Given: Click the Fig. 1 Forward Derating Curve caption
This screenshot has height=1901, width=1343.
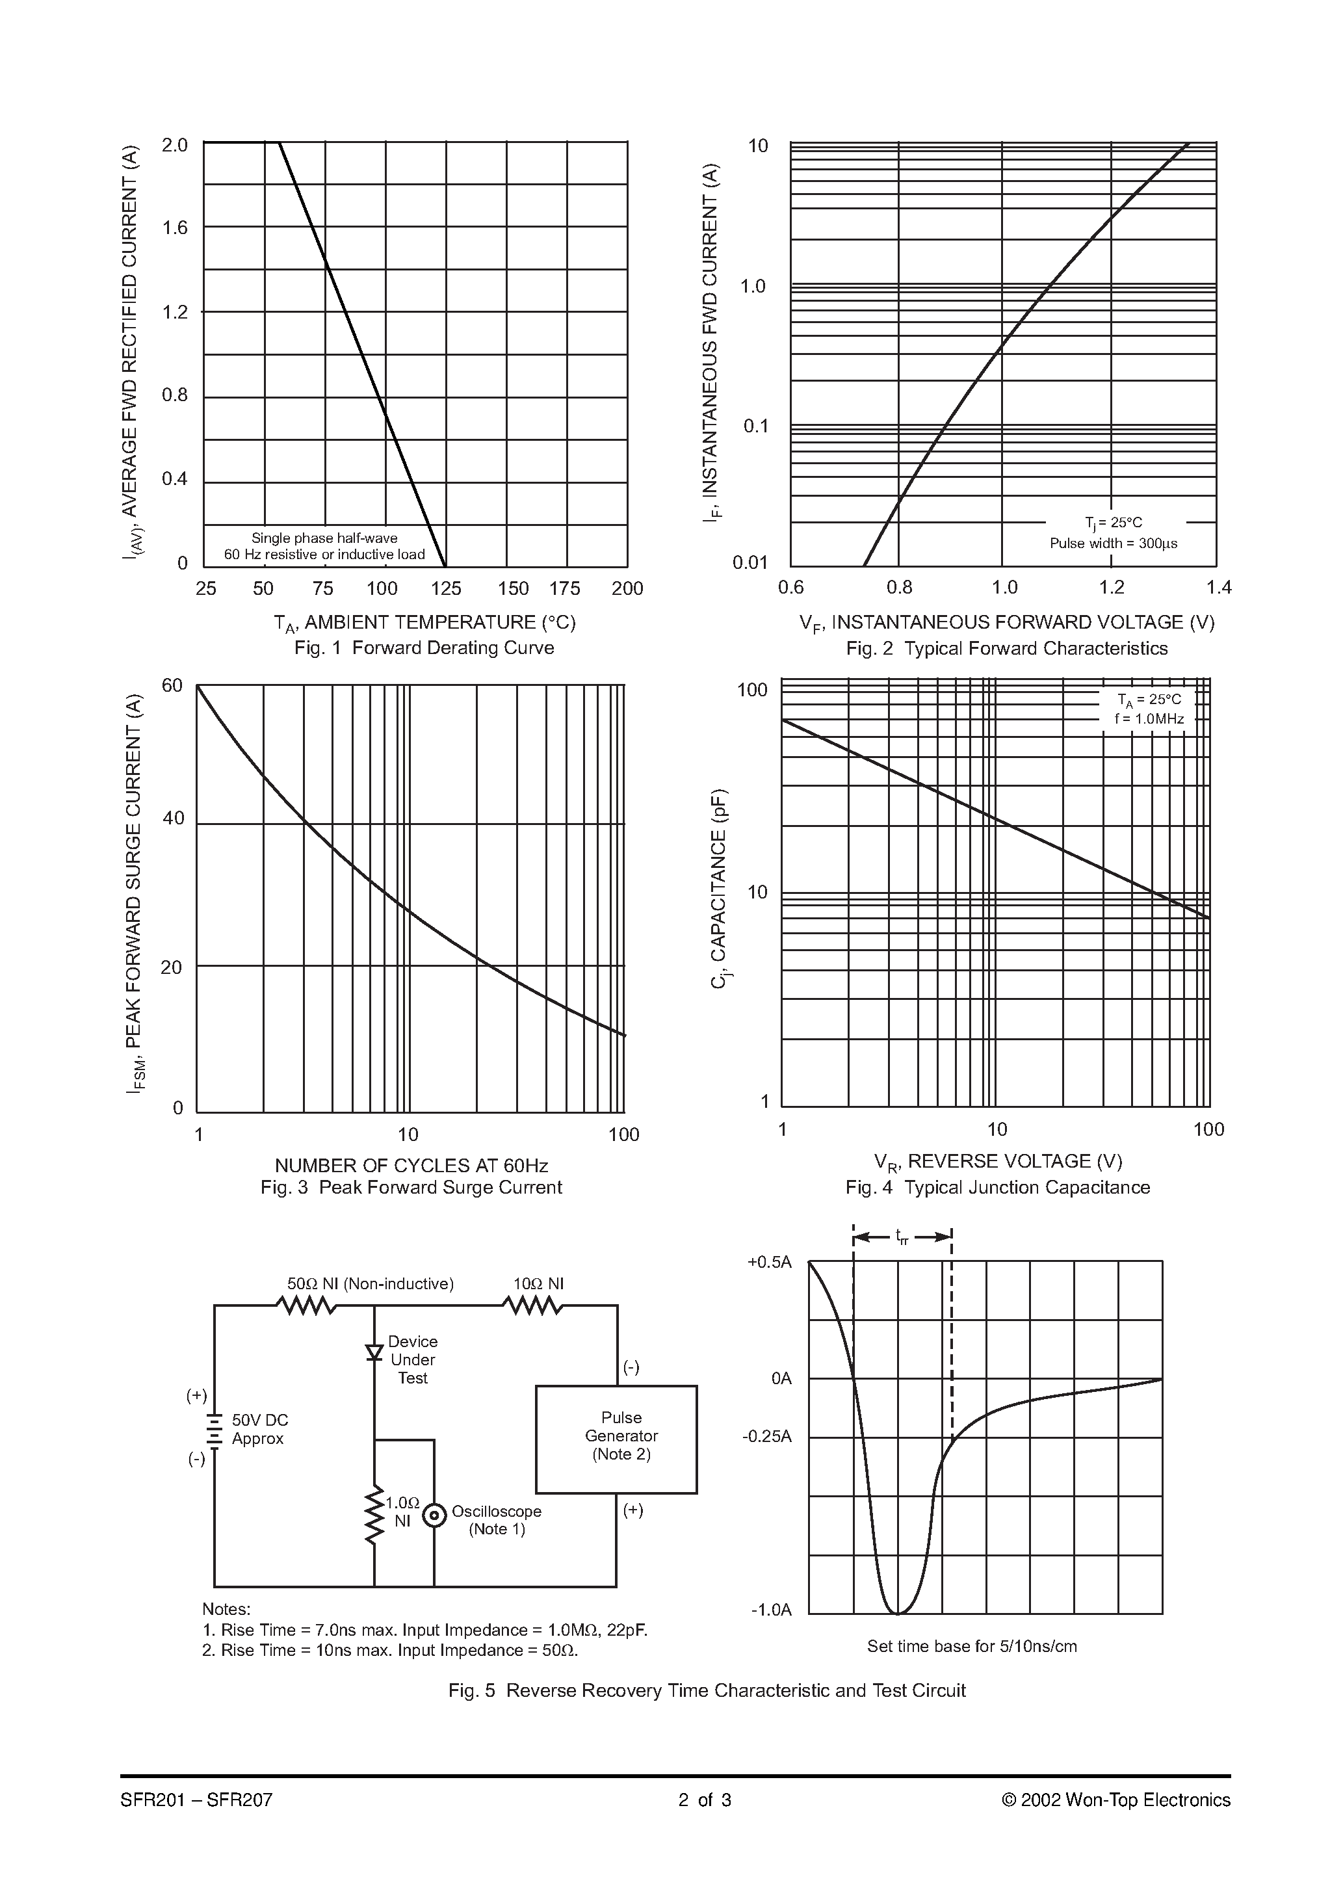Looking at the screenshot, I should (x=424, y=648).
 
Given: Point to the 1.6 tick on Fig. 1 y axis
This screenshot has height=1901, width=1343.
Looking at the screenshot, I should (x=175, y=228).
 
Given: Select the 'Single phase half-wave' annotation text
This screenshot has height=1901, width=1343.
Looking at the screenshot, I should (x=324, y=538).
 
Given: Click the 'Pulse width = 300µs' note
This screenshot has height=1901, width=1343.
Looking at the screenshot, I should (x=1113, y=543).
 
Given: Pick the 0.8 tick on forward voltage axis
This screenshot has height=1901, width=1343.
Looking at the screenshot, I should (x=899, y=588).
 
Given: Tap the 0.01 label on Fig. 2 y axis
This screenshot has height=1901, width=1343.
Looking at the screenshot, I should (x=750, y=563).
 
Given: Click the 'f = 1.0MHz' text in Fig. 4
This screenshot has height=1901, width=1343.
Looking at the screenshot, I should (x=1149, y=718).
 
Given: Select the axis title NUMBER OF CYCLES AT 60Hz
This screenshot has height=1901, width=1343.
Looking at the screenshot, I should (x=411, y=1166).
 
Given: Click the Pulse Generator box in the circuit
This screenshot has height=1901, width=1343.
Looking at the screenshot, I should (x=616, y=1439).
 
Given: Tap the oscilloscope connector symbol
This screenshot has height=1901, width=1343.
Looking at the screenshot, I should (x=434, y=1515).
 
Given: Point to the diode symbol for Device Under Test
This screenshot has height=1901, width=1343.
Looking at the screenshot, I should (x=374, y=1352).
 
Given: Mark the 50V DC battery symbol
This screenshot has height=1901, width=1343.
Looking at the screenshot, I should (x=215, y=1430).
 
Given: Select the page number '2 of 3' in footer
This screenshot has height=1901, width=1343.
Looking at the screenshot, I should (x=705, y=1800).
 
